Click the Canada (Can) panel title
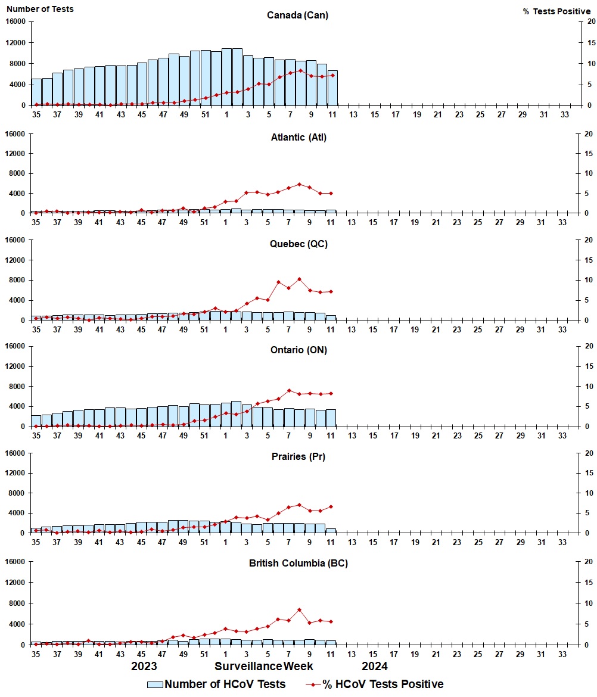click(x=297, y=15)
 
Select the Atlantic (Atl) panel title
click(x=297, y=138)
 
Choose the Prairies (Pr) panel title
click(x=297, y=456)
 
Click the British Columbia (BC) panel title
click(x=298, y=563)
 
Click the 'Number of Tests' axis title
click(x=41, y=9)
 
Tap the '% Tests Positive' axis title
click(x=556, y=11)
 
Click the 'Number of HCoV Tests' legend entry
click(x=216, y=684)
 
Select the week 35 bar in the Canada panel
click(x=36, y=92)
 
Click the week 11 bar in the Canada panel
click(x=332, y=88)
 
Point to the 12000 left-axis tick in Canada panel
click(x=17, y=43)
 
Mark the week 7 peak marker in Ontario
click(x=289, y=391)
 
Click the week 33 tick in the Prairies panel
click(x=562, y=543)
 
